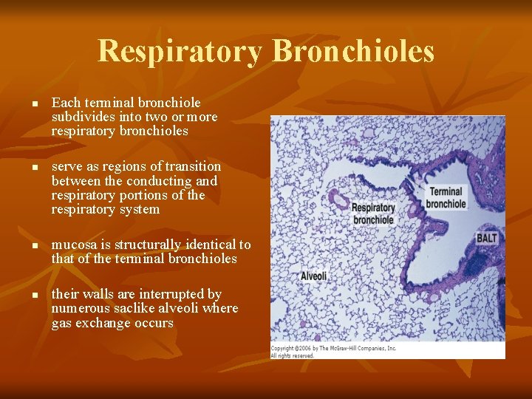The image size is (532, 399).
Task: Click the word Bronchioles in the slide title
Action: pyautogui.click(x=353, y=52)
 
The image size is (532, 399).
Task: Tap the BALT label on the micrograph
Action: pyautogui.click(x=486, y=238)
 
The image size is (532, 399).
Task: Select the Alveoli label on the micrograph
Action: pyautogui.click(x=313, y=276)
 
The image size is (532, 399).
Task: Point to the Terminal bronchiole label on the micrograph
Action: pyautogui.click(x=446, y=197)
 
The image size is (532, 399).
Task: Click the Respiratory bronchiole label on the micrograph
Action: pyautogui.click(x=373, y=214)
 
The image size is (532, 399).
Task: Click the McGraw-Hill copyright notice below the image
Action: pyautogui.click(x=333, y=352)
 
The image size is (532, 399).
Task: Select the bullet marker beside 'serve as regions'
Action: pyautogui.click(x=34, y=168)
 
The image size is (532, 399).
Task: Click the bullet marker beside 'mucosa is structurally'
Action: pyautogui.click(x=34, y=245)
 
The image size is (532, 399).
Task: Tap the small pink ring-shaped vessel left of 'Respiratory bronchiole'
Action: pyautogui.click(x=341, y=199)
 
